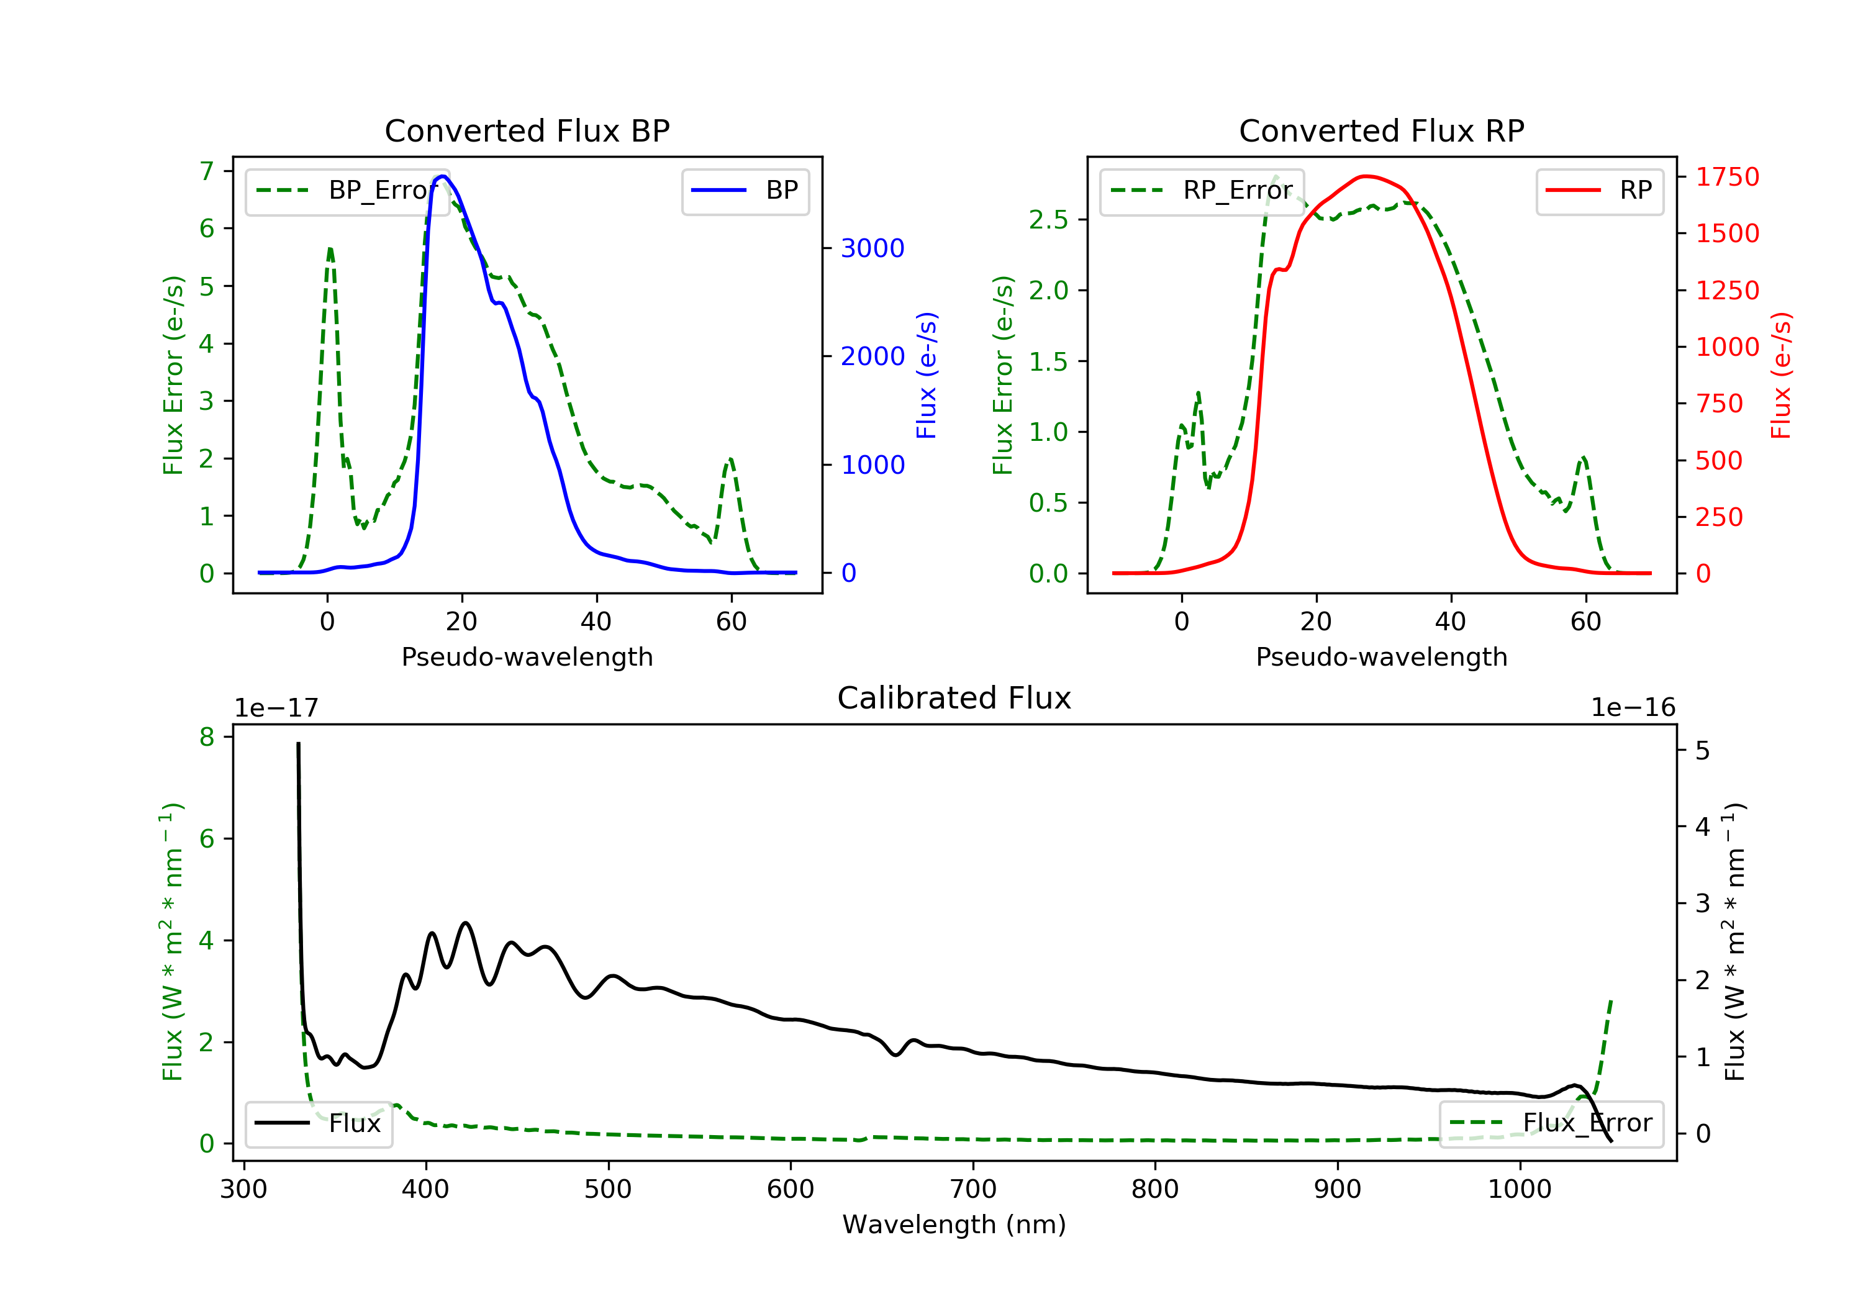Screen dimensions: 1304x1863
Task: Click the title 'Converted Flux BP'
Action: coord(527,130)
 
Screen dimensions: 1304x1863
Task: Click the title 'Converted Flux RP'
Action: coord(1381,130)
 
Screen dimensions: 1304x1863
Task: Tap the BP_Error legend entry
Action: coord(347,191)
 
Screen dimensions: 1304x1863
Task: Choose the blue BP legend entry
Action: coord(745,191)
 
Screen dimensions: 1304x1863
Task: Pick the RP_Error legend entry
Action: coord(1201,191)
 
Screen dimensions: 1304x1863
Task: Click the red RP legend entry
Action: coord(1599,191)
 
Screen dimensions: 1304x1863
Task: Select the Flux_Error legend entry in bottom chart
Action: coord(1551,1123)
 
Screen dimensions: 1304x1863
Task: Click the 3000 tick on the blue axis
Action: coord(873,248)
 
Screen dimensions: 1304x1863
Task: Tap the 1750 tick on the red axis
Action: coord(1726,177)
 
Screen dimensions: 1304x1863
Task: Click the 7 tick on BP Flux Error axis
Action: coord(207,171)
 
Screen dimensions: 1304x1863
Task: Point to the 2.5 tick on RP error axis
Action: coord(1048,220)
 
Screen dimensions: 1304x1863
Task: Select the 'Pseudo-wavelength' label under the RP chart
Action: coord(1381,657)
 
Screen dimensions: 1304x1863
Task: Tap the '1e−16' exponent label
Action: coord(1632,708)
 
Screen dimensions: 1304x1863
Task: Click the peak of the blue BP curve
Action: coord(442,176)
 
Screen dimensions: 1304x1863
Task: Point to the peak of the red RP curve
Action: coord(1366,176)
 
